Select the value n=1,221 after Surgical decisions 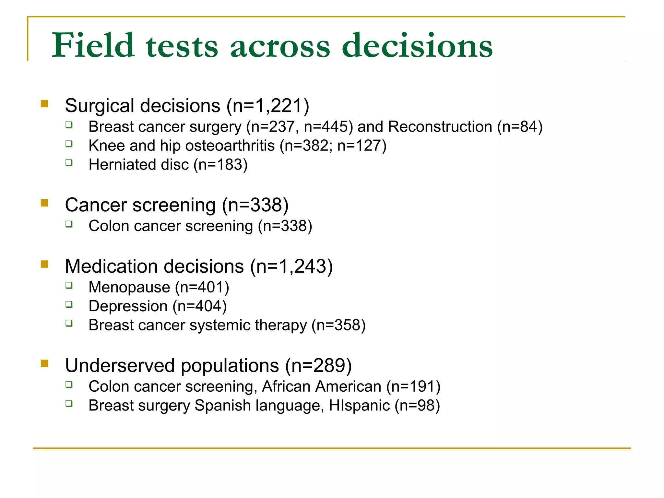point(268,106)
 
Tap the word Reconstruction point(440,126)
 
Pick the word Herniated point(122,164)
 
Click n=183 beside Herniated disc point(220,164)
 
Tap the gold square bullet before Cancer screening point(44,203)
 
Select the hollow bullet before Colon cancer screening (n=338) point(69,224)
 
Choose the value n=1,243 point(291,266)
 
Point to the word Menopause point(129,287)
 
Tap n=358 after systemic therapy point(338,325)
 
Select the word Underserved point(120,365)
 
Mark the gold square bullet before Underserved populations point(44,363)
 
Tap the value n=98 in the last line point(417,406)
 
